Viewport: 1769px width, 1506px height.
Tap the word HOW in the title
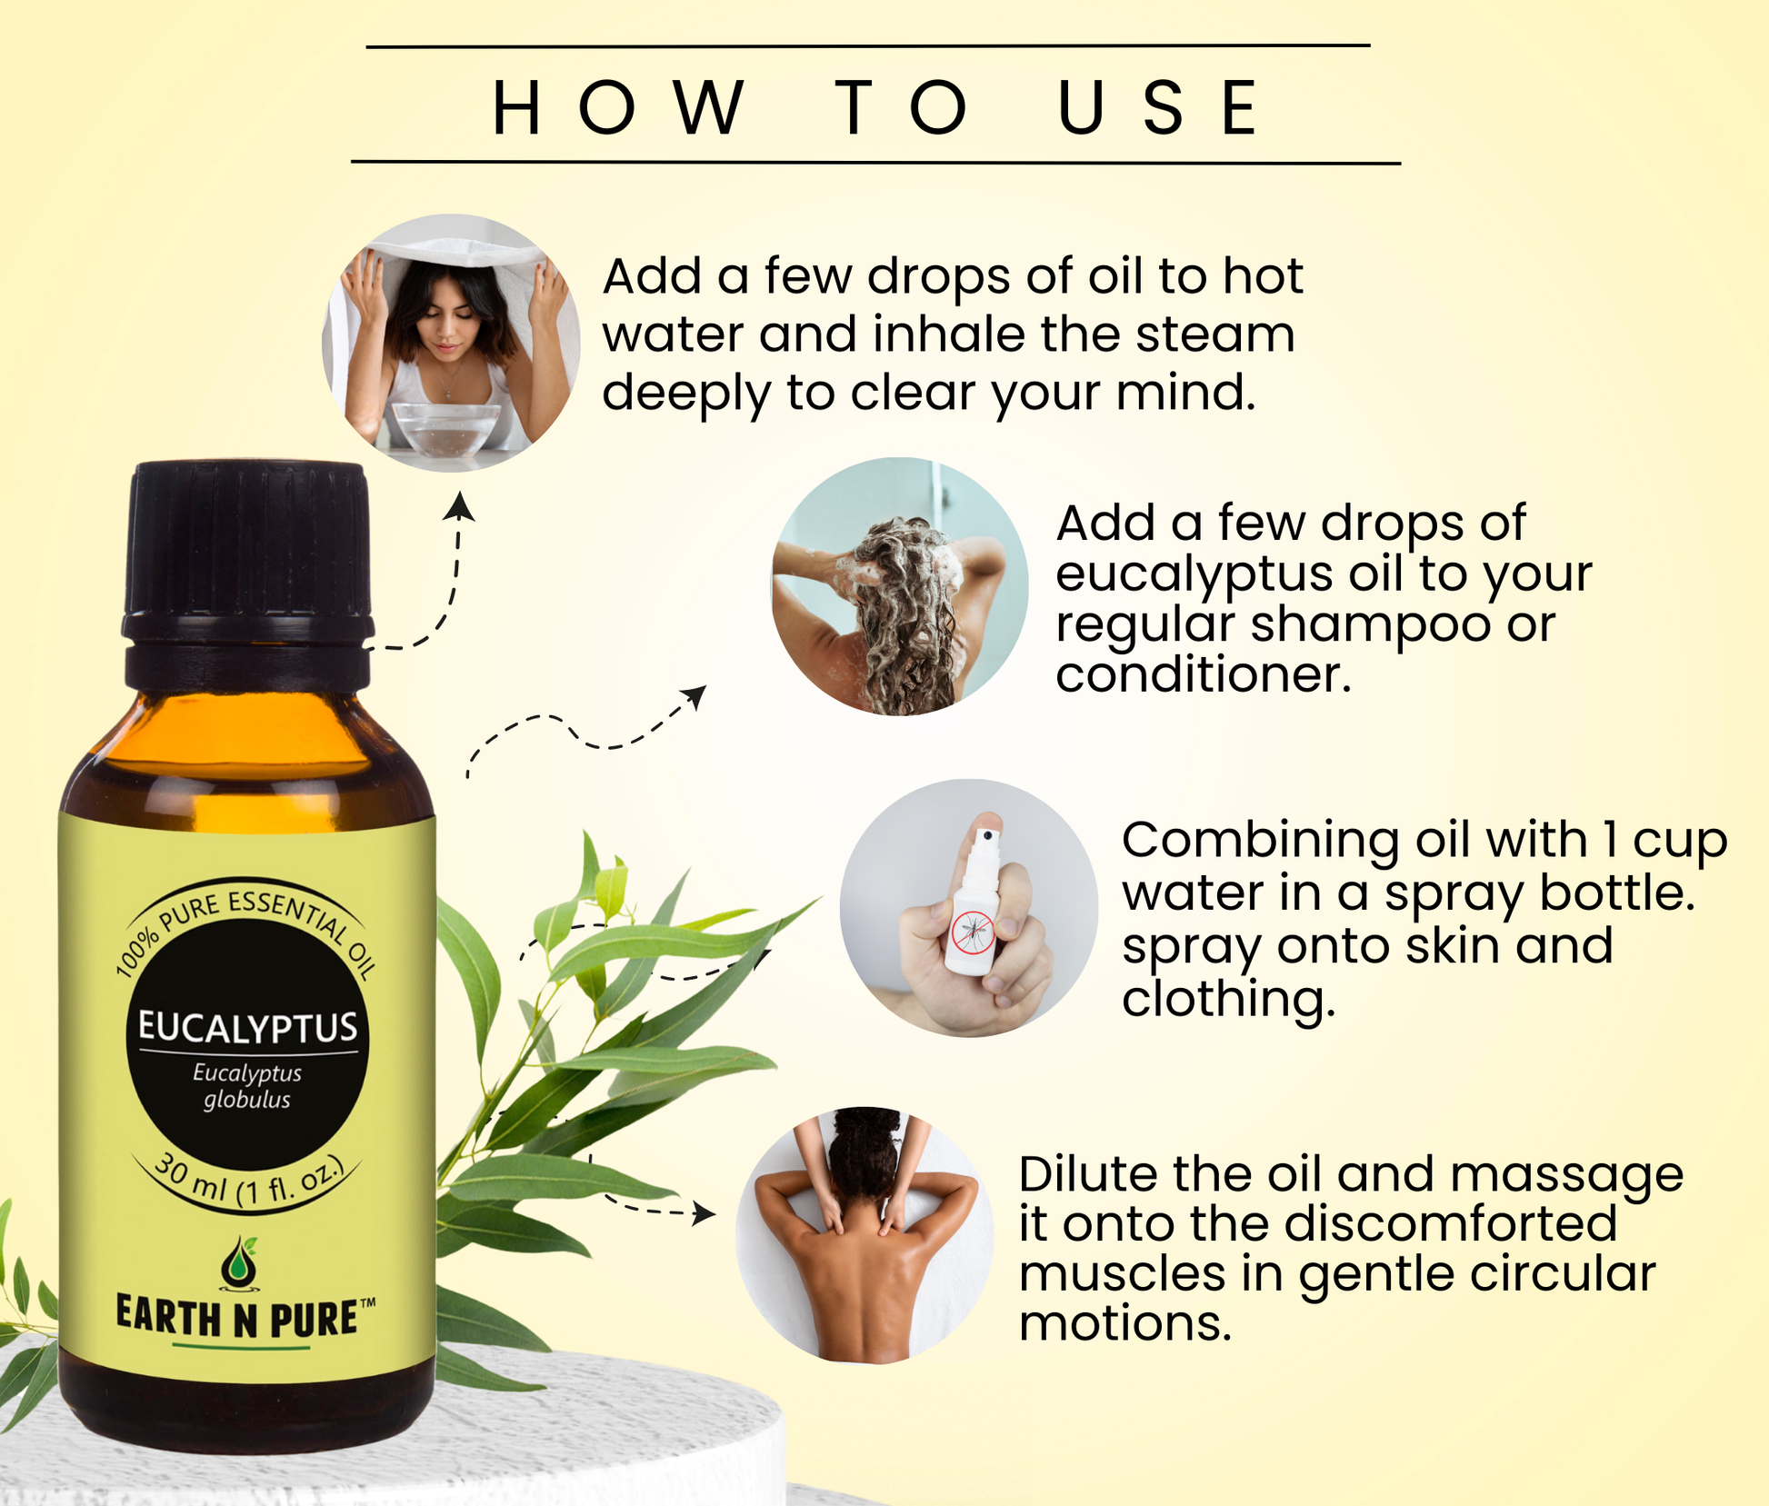(x=618, y=107)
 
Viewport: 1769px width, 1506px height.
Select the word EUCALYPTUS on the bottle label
(x=247, y=1027)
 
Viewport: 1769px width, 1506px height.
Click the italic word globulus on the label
(x=246, y=1100)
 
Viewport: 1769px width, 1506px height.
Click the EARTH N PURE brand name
(x=238, y=1318)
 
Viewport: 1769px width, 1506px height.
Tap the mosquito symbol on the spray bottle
(x=973, y=932)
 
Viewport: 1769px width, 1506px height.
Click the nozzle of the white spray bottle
(x=986, y=834)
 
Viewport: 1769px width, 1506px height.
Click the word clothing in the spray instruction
(x=1227, y=999)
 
